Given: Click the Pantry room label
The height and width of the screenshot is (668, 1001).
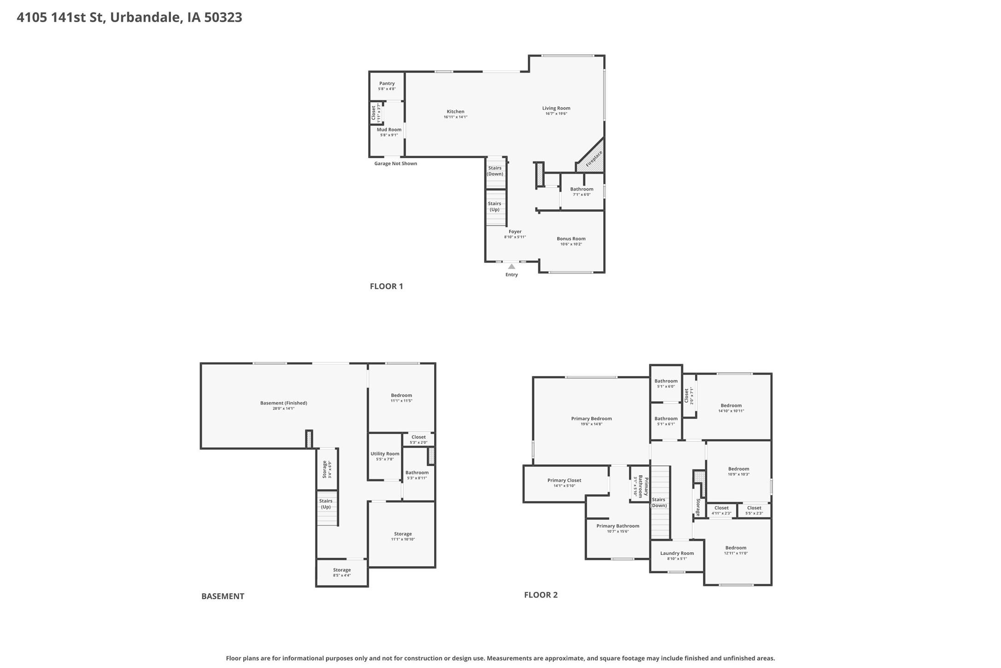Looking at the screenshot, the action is point(387,83).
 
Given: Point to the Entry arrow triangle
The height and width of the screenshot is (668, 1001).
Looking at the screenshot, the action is point(512,266).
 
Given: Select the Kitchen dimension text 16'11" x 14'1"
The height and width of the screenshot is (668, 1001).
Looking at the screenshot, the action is point(455,117).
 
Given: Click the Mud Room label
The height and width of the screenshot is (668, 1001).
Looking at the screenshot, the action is point(389,130).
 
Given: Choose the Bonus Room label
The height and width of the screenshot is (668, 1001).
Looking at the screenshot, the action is point(571,239).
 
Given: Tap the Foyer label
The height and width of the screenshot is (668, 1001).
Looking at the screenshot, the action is point(515,232).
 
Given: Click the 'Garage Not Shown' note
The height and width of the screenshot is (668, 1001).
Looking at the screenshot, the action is point(395,163).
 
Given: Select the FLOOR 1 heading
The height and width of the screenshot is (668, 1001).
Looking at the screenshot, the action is point(386,286).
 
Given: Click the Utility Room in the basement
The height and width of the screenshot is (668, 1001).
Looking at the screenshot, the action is point(385,456).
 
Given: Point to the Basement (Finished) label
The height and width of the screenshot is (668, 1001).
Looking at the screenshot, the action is point(283,403).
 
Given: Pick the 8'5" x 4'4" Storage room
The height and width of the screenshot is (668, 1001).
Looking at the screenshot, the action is point(342,573).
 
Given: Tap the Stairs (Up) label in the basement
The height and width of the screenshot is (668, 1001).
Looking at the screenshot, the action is point(326,504).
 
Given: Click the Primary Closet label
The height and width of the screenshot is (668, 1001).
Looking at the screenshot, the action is point(564,480).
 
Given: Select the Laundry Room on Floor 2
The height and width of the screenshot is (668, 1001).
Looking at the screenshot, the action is point(677,555).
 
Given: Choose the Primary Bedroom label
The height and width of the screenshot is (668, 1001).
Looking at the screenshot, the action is point(591,418).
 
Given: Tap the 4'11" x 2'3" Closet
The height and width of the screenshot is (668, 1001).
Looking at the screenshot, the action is point(721,510).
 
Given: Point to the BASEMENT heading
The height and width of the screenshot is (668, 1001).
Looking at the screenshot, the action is point(223,596).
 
